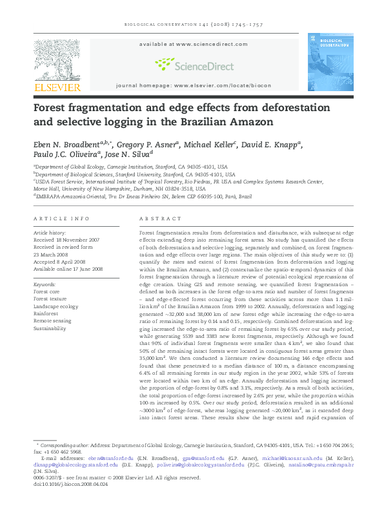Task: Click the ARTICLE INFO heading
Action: point(61,220)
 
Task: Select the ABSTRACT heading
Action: point(156,220)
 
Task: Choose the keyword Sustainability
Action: point(50,328)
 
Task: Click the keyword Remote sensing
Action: point(52,321)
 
